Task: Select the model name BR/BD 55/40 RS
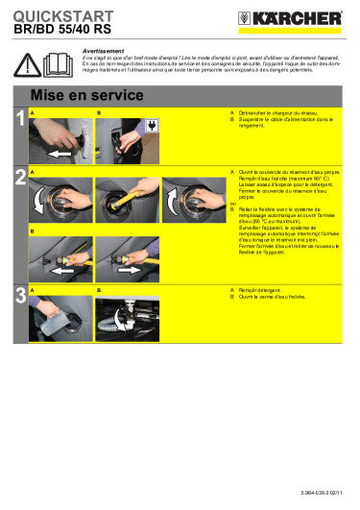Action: coord(58,30)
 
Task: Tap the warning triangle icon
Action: coord(28,64)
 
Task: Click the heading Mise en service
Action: coord(87,96)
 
